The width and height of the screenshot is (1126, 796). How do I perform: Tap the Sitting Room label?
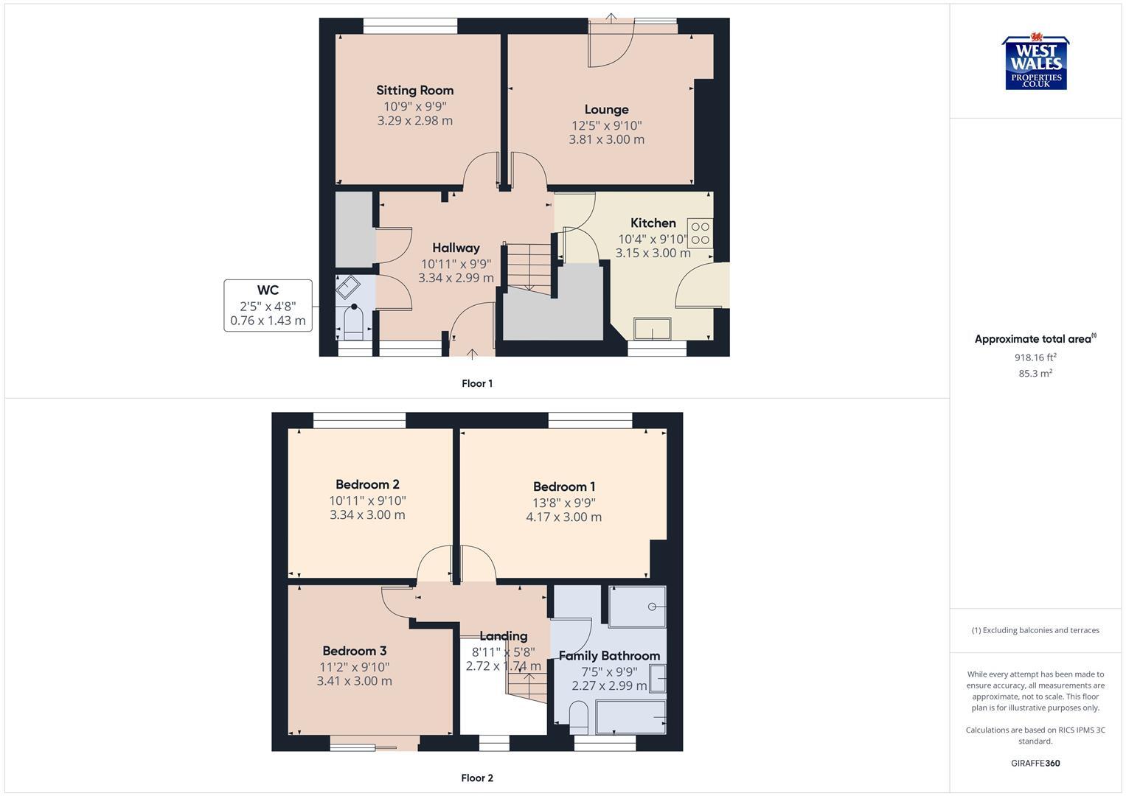414,91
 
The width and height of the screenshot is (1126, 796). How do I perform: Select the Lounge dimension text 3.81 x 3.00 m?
606,139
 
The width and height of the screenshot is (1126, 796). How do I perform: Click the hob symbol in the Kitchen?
700,233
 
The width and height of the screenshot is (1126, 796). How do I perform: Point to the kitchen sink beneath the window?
653,328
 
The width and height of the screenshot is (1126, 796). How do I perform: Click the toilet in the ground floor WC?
354,322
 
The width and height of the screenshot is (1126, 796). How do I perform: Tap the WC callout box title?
268,290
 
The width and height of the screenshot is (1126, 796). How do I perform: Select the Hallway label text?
456,248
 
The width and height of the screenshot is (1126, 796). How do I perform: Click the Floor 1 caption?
477,383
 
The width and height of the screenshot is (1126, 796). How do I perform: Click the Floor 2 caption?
477,778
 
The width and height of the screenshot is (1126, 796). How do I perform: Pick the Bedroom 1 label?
564,486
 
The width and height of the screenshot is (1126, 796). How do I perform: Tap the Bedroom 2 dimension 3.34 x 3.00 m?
367,515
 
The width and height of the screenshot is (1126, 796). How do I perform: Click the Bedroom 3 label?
354,651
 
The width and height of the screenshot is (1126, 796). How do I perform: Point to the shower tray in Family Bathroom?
638,606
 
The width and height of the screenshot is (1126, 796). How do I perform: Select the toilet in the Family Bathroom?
579,715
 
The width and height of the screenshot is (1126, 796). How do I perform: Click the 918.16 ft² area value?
1035,357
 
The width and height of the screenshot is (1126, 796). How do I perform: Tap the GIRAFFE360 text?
1035,763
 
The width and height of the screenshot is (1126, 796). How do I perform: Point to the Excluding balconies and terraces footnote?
1035,630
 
